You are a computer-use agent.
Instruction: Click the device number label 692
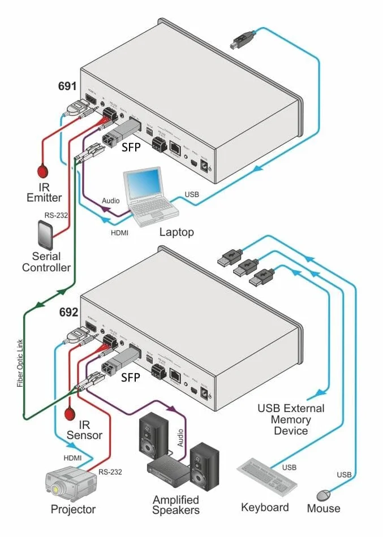coord(68,311)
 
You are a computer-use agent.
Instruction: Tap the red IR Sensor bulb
coord(71,414)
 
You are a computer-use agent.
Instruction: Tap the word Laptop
coord(177,232)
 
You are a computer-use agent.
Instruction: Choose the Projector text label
coord(73,509)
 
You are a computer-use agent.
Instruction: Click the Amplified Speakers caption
coord(176,505)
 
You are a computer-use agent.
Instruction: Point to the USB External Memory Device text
coord(291,419)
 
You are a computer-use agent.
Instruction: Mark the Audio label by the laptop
coord(110,201)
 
